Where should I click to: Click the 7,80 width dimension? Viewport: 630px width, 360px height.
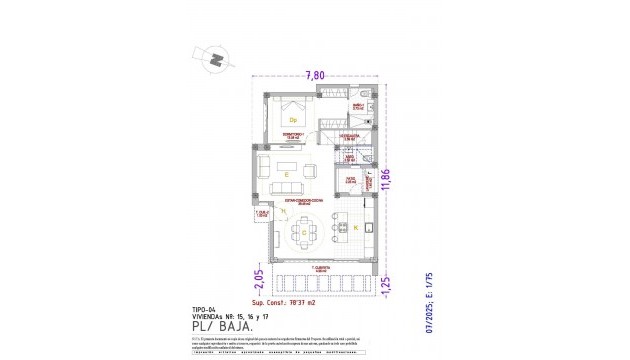tap(314, 75)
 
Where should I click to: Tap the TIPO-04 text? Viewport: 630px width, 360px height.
tap(203, 309)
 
